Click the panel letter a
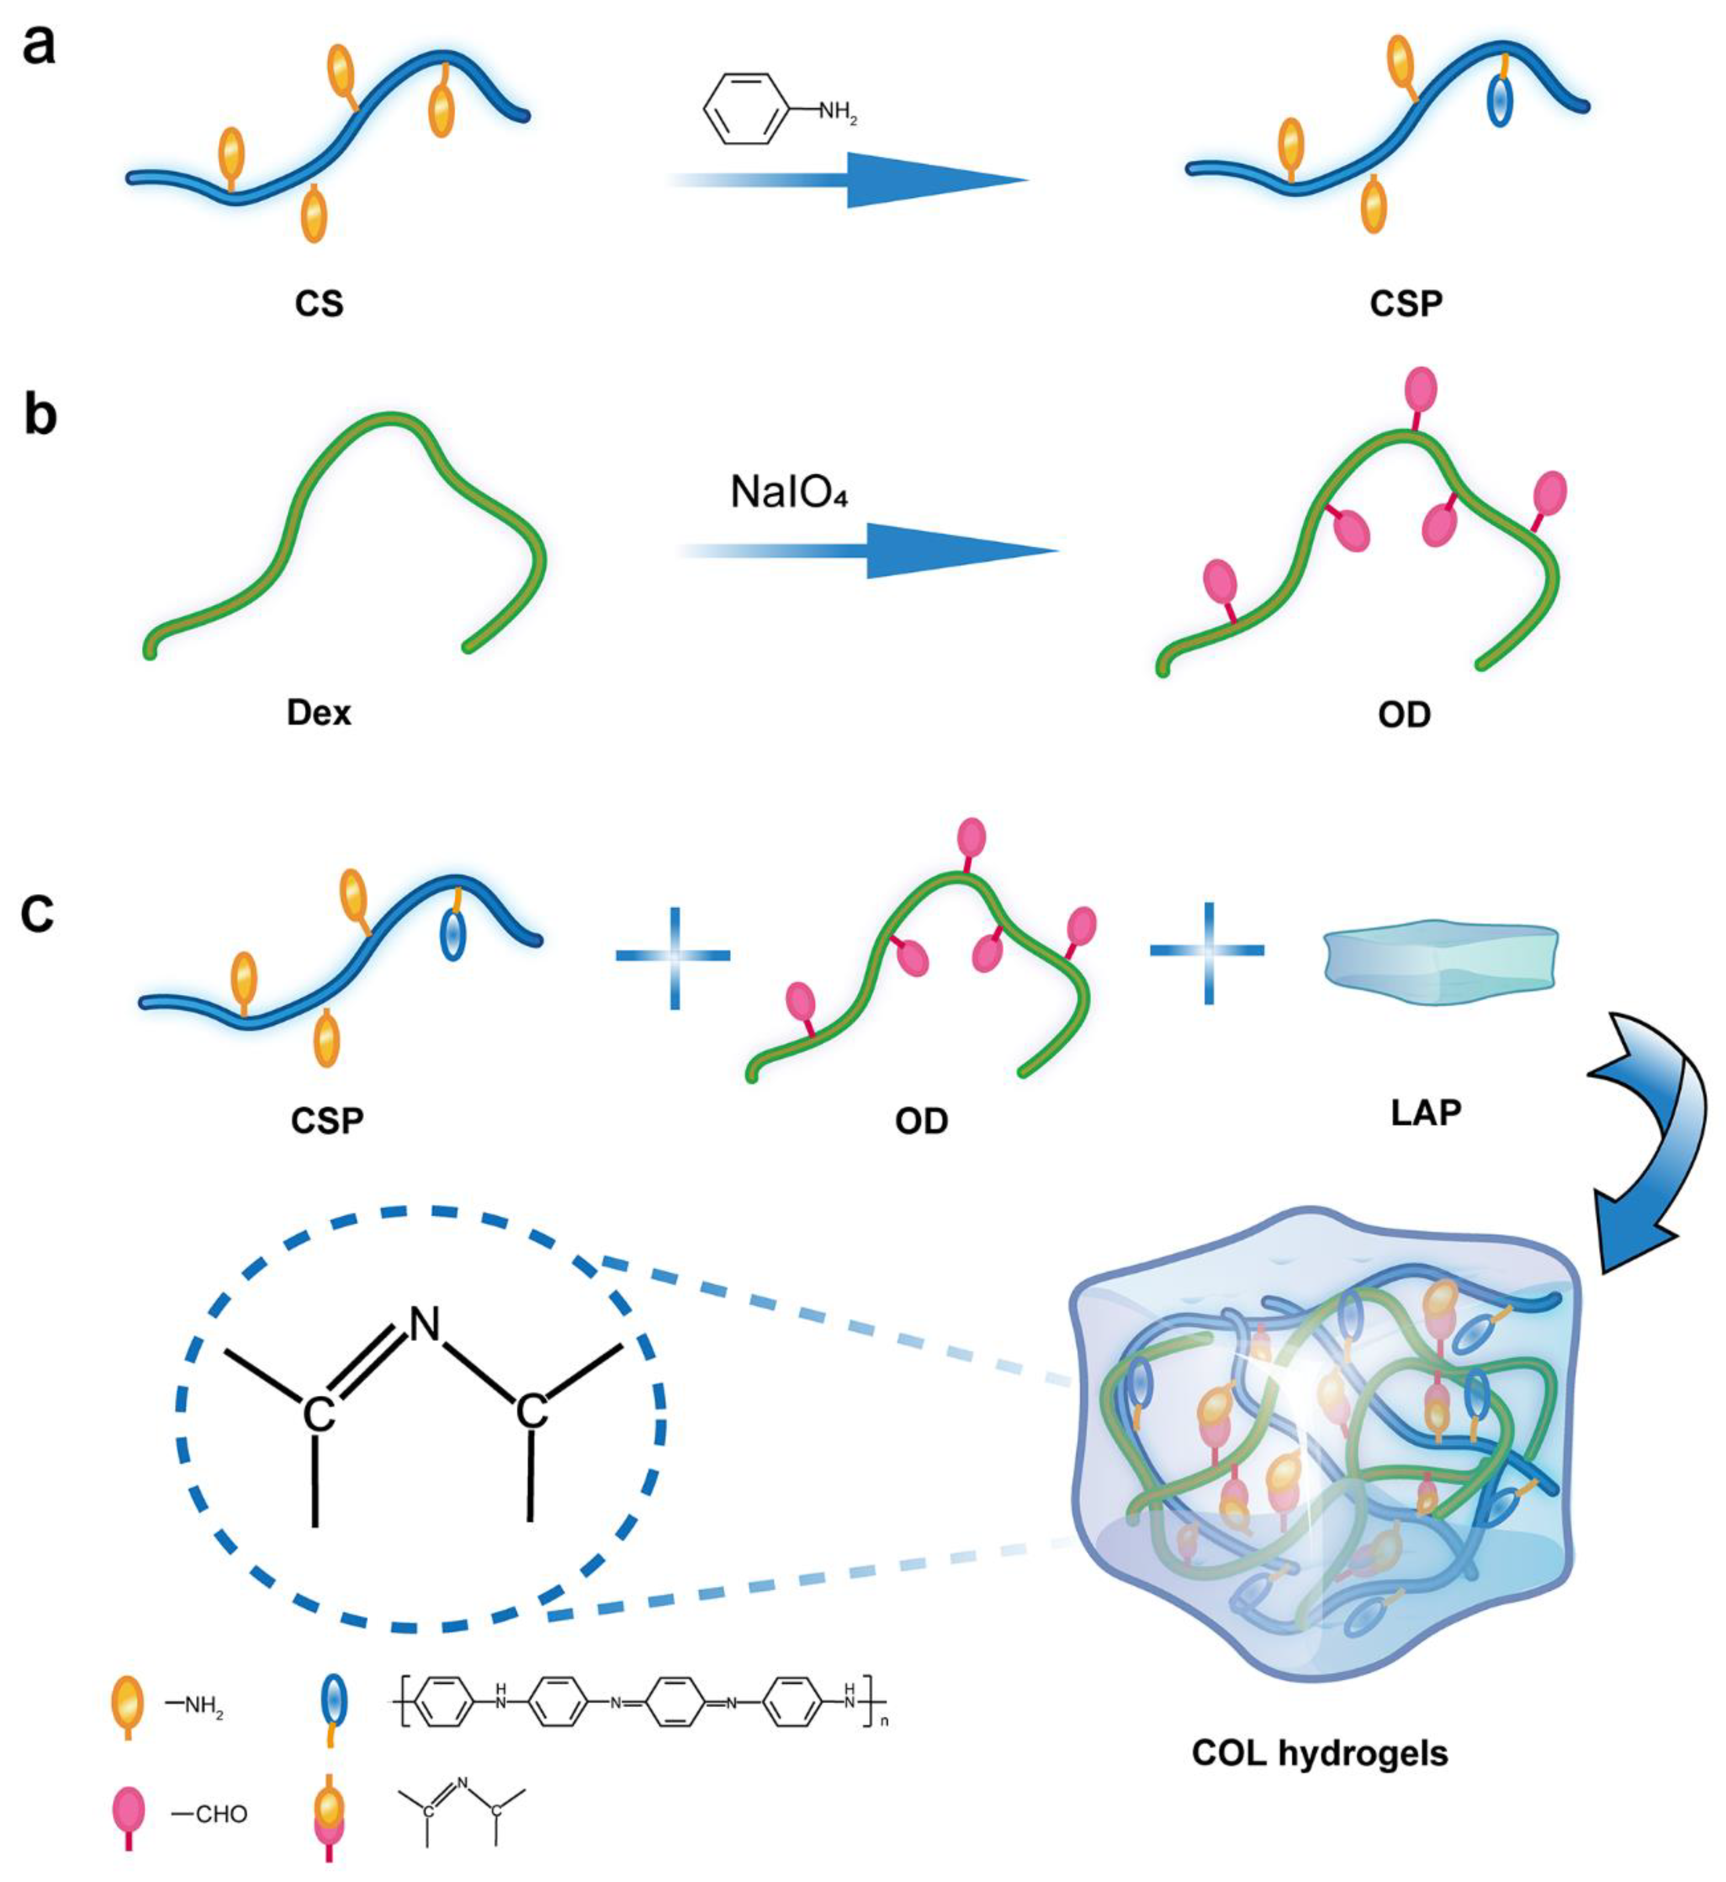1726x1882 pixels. [39, 45]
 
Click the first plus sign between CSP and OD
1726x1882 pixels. [673, 954]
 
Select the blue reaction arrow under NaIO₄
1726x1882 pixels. [869, 550]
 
